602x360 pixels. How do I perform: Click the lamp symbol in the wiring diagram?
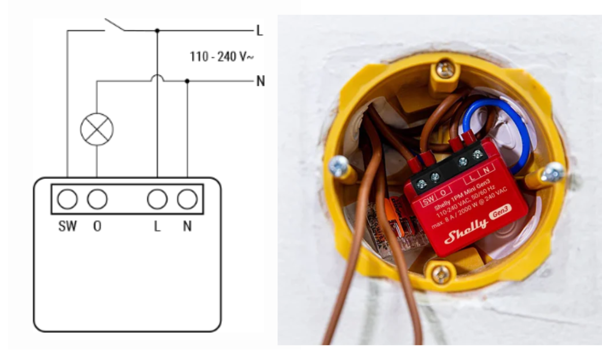[97, 129]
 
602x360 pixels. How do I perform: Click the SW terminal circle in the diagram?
[67, 199]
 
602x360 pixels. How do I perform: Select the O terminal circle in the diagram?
[97, 199]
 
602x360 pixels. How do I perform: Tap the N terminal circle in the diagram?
[187, 199]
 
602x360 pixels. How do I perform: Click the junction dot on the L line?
[157, 31]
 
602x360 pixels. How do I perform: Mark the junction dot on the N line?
[187, 81]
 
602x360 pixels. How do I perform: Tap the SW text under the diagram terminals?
[67, 226]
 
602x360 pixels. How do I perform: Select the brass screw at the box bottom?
[441, 274]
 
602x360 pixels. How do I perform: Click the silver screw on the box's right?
[553, 172]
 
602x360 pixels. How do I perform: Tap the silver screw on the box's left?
[339, 166]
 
